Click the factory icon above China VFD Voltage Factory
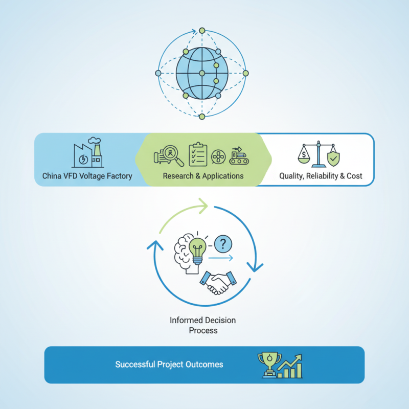click(88, 152)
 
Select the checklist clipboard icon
click(198, 154)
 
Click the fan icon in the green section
click(218, 157)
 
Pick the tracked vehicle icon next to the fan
click(239, 156)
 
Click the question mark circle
click(223, 244)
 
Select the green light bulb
click(197, 251)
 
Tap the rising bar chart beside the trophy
click(289, 366)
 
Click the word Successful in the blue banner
click(135, 365)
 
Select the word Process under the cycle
click(203, 330)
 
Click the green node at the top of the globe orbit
click(202, 31)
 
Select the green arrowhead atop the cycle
click(203, 206)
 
